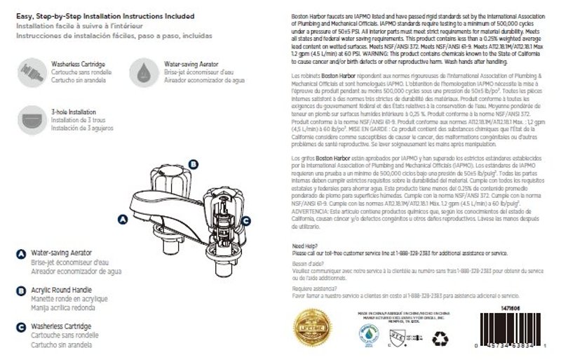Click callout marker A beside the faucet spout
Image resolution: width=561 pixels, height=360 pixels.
coord(123,219)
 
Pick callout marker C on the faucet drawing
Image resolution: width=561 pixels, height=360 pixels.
coord(245,220)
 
